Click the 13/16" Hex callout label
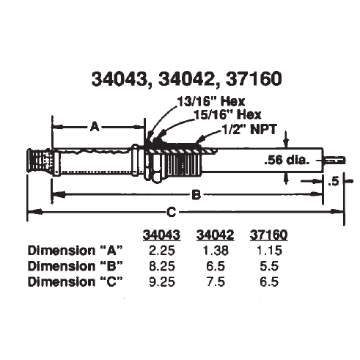coord(211,102)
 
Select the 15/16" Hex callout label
coord(227,115)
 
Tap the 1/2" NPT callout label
coord(249,129)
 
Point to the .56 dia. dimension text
coord(287,161)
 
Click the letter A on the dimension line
coord(95,127)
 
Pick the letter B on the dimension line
coord(196,195)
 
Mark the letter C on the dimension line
coord(171,212)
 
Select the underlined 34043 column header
coord(161,235)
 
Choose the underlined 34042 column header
coord(216,235)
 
